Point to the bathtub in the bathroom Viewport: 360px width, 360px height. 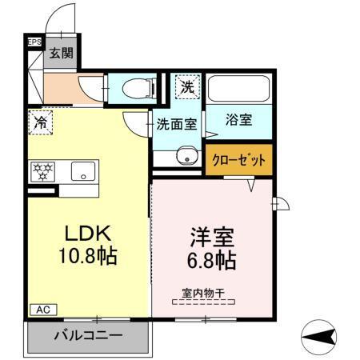(240, 90)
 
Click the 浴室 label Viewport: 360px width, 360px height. (240, 121)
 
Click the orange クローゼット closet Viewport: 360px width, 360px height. (238, 159)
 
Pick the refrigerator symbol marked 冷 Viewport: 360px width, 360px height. (39, 123)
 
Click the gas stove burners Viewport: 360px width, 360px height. (42, 170)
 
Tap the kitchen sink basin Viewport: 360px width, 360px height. (82, 170)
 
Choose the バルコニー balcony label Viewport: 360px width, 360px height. (88, 335)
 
